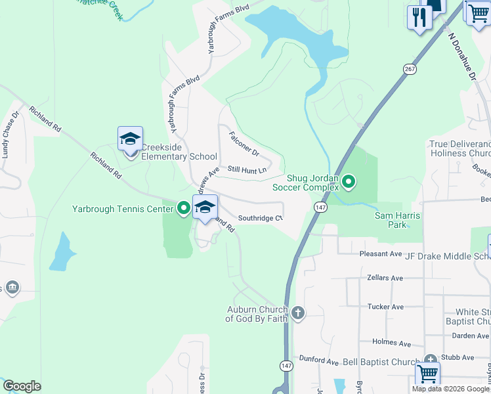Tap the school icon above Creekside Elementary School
[130, 139]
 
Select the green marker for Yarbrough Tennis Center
[183, 209]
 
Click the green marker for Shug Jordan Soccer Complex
[349, 182]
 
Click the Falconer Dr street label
[244, 144]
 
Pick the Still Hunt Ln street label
[247, 170]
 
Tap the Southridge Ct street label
[260, 218]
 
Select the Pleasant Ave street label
[380, 253]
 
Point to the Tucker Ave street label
[385, 307]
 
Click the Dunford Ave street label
[318, 362]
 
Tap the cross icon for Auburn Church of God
[298, 313]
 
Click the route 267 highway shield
[410, 69]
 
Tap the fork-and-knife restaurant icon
[418, 16]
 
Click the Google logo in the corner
[22, 386]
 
